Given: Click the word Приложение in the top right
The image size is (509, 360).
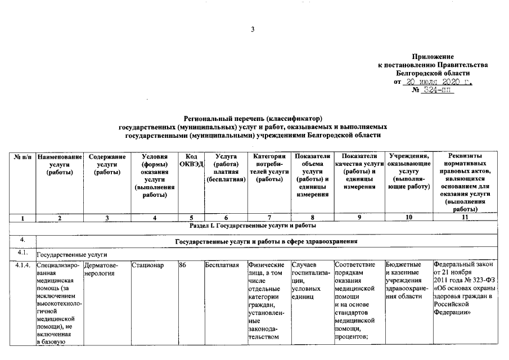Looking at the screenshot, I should pos(433,57).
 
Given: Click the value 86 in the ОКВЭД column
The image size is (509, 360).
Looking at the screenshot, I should pos(182,265).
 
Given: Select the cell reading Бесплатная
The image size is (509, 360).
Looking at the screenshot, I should pos(222,265).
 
